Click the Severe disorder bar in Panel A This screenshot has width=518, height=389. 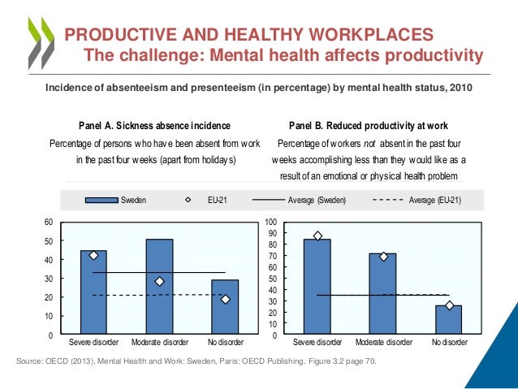point(93,292)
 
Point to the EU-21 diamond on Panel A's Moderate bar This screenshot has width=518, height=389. point(159,282)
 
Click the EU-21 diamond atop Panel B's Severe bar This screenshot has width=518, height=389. point(317,236)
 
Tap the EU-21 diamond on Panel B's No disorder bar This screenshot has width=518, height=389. point(449,305)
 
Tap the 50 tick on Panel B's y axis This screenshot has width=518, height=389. point(274,279)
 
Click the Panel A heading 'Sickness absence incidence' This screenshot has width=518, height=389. point(153,126)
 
